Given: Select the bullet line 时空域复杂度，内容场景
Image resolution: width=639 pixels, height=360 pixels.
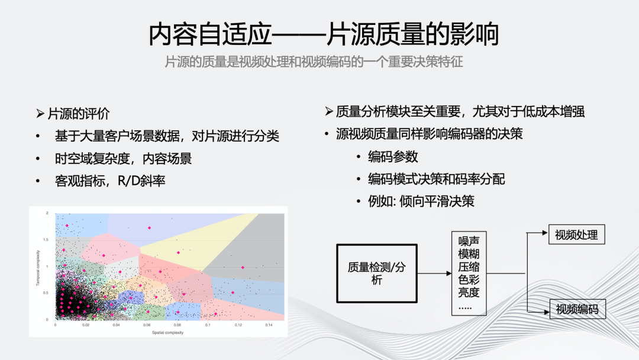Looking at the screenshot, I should coord(123,159).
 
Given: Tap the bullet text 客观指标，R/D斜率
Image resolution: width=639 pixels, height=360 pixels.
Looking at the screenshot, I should coord(110,181).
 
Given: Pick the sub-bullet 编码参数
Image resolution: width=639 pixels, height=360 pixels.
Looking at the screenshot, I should coord(393,157).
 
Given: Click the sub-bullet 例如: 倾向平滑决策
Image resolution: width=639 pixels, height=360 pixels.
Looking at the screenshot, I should coord(421,201).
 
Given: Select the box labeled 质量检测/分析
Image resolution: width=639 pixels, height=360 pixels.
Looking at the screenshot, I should coord(377,273).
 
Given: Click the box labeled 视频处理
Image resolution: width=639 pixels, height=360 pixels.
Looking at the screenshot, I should coord(576,234).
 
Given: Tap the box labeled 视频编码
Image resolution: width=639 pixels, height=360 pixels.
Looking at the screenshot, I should coord(577,309).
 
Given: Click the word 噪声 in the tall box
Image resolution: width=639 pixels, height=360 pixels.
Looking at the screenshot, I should coord(469,241).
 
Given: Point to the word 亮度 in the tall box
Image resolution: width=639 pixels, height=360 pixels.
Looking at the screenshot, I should coord(469,293).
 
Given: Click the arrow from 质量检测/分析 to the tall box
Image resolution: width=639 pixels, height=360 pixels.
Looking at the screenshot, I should coord(434,274).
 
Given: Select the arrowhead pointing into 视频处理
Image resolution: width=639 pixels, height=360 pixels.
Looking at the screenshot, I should coord(545,233).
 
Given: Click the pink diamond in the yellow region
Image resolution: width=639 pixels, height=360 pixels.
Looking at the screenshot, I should coord(178,253).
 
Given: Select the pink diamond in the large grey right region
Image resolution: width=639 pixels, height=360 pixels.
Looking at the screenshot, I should coord(243,268).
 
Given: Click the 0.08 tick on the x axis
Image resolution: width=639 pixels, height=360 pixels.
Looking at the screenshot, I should coord(176,325).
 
